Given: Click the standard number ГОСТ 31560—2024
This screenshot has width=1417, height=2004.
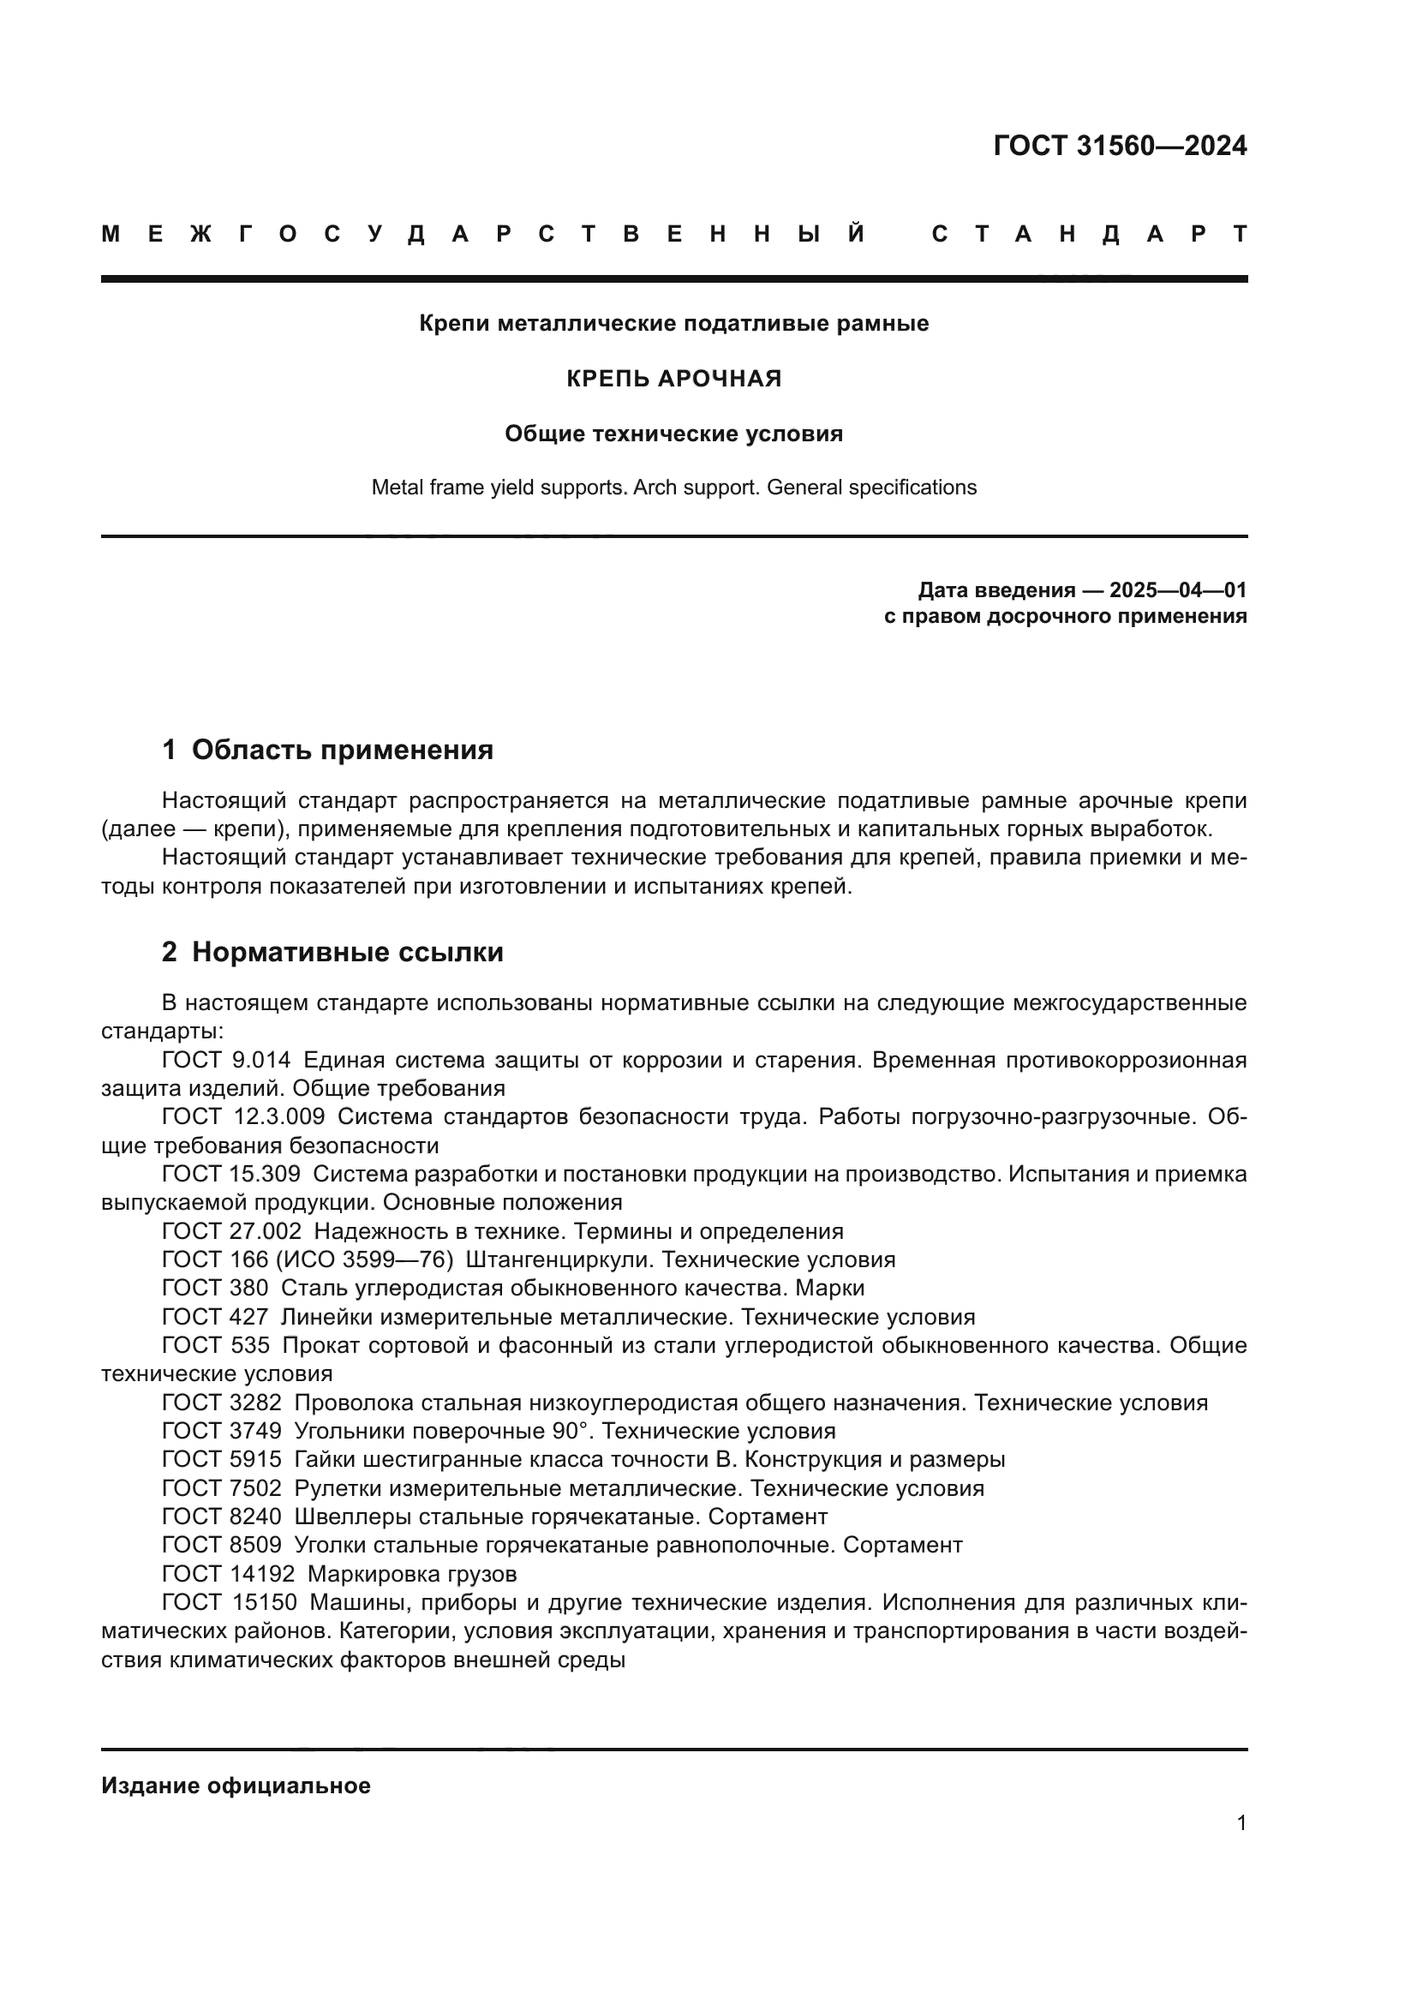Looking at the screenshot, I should point(1120,146).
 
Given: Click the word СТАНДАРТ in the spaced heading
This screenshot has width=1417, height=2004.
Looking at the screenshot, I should point(1089,234).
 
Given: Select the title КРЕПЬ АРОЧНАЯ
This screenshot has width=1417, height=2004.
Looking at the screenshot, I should point(673,379).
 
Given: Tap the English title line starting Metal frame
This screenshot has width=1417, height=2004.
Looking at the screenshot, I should point(673,487).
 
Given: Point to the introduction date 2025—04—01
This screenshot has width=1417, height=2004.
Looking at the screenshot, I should point(1178,590).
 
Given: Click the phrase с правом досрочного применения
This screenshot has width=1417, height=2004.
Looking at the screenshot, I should point(1065,616).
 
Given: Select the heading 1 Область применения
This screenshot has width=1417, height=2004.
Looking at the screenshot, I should point(327,750).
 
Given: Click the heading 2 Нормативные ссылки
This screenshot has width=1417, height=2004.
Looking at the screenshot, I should point(332,951).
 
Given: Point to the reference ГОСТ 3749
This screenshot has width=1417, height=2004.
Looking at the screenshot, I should point(222,1431).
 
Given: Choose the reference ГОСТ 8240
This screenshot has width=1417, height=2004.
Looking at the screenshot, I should point(222,1516).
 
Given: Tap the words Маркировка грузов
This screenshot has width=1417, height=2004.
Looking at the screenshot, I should point(412,1574).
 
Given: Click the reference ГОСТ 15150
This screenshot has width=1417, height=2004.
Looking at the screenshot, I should point(230,1602).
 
